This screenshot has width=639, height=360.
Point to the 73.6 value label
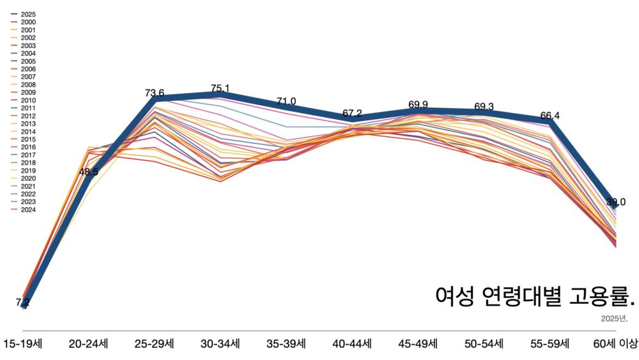coord(155,93)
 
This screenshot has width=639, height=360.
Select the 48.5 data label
coord(89,172)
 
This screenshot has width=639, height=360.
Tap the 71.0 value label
coord(286,101)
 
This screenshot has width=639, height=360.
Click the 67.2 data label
coord(352,113)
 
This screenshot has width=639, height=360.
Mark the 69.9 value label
coord(419,104)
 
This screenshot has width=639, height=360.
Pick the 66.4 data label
coord(550,115)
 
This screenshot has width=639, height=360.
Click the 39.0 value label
coord(616,202)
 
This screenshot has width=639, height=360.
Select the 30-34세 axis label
coord(220,344)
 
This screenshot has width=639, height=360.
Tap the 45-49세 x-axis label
coord(418,344)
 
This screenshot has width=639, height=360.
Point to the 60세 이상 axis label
coord(615,344)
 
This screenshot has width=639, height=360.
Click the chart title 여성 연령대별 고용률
coord(535,296)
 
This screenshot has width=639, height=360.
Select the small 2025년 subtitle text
coord(614,318)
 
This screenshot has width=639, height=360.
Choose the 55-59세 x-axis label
coord(550,344)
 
